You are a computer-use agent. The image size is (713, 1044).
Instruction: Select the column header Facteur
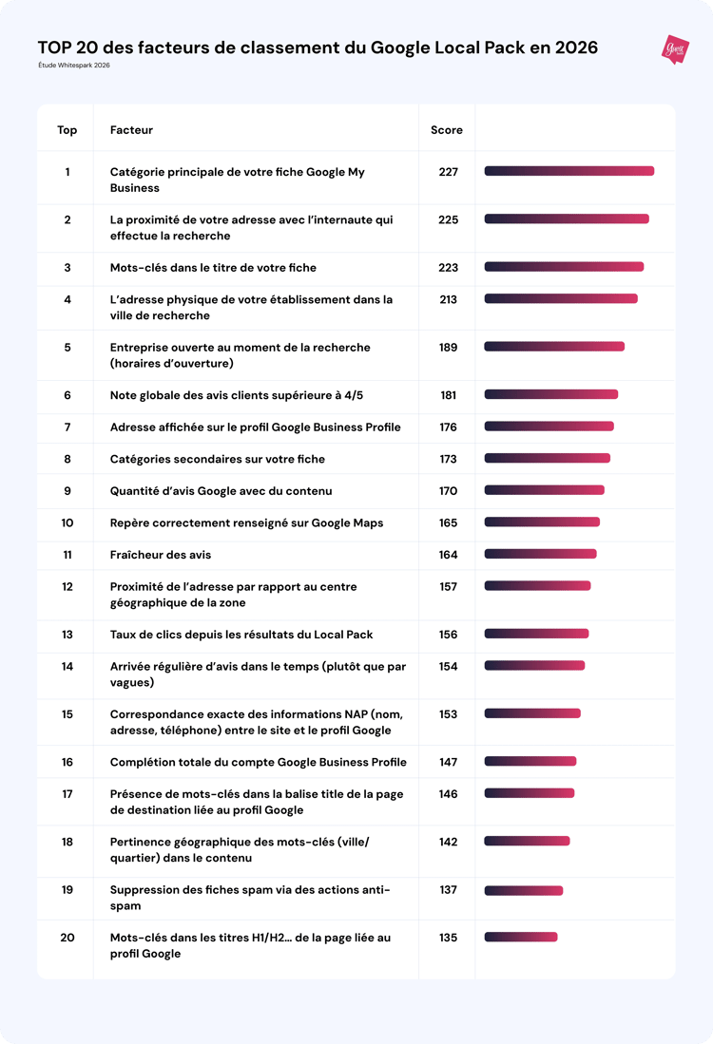pyautogui.click(x=131, y=130)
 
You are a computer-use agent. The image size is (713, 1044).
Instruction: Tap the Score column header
pyautogui.click(x=447, y=130)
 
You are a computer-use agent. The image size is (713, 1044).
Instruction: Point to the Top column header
pyautogui.click(x=67, y=130)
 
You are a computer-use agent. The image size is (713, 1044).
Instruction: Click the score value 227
pyautogui.click(x=448, y=172)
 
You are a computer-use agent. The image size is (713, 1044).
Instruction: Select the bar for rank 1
pyautogui.click(x=568, y=172)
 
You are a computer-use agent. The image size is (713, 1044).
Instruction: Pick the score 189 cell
pyautogui.click(x=448, y=348)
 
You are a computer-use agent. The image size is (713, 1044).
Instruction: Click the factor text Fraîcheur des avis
pyautogui.click(x=161, y=555)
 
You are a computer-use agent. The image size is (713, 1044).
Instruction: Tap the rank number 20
pyautogui.click(x=67, y=938)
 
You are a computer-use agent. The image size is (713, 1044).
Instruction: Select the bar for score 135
pyautogui.click(x=521, y=938)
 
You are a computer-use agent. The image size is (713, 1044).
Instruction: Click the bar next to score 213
pyautogui.click(x=561, y=299)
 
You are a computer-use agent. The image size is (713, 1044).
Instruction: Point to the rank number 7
pyautogui.click(x=67, y=427)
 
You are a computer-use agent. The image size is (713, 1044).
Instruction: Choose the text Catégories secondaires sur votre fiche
pyautogui.click(x=217, y=459)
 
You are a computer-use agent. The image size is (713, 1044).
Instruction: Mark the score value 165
pyautogui.click(x=448, y=523)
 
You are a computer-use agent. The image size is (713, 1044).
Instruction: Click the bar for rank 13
pyautogui.click(x=536, y=635)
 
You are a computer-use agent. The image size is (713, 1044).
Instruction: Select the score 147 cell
pyautogui.click(x=448, y=762)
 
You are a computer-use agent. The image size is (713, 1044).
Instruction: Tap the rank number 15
pyautogui.click(x=67, y=714)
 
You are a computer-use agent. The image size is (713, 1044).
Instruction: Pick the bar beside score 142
pyautogui.click(x=527, y=842)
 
